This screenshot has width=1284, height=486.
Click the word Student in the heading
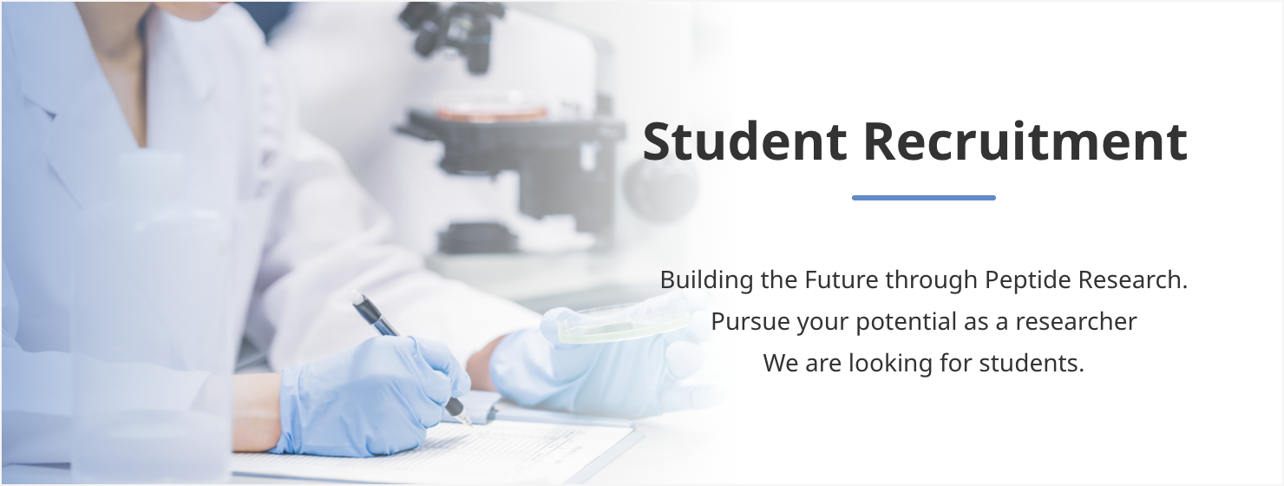pos(744,141)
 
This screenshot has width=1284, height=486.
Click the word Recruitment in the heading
pos(1025,141)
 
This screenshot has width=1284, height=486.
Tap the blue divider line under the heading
pos(923,198)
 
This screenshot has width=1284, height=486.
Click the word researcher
pos(1076,322)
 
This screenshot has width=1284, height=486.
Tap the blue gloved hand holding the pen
pos(372,396)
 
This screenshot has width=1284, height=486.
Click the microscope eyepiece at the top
pos(453,35)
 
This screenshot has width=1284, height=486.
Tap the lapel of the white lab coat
pos(86,115)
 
